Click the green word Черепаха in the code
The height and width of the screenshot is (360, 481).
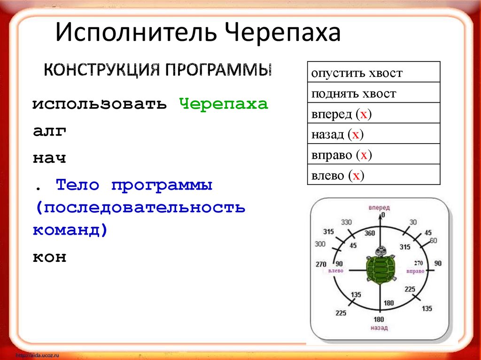pyautogui.click(x=224, y=104)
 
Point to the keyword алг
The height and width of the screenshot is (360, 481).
pyautogui.click(x=49, y=131)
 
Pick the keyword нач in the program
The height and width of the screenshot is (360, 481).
pyautogui.click(x=49, y=159)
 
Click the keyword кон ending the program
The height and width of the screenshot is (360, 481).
pyautogui.click(x=49, y=257)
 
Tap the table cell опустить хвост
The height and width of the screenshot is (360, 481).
pyautogui.click(x=373, y=72)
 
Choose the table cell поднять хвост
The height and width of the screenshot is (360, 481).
pyautogui.click(x=373, y=93)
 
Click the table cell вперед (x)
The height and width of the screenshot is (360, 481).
pyautogui.click(x=373, y=114)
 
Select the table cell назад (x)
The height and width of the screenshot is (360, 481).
pyautogui.click(x=373, y=134)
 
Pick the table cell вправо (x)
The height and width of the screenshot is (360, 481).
pyautogui.click(x=373, y=154)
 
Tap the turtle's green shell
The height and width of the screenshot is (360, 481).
pyautogui.click(x=380, y=270)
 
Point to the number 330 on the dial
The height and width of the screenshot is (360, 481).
pyautogui.click(x=347, y=222)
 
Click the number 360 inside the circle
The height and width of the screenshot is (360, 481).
pyautogui.click(x=370, y=233)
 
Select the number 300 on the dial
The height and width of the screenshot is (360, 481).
pyautogui.click(x=320, y=244)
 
